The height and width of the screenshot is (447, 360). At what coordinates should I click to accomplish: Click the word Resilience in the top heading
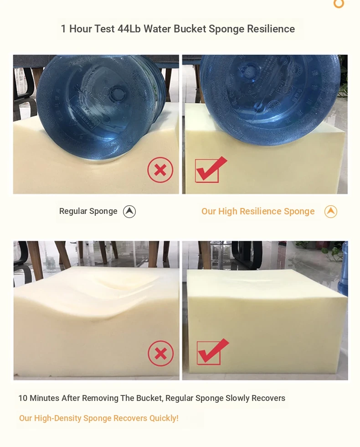coord(271,29)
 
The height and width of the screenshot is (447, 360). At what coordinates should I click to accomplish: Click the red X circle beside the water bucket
coord(160,170)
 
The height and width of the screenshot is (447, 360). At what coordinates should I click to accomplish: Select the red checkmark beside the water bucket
coord(211,169)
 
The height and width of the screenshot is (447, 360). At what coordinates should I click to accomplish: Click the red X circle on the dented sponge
coord(161,353)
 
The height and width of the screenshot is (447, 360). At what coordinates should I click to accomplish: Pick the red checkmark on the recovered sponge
coord(212,352)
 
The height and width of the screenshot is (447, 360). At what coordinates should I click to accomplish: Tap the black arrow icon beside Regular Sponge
coord(129,212)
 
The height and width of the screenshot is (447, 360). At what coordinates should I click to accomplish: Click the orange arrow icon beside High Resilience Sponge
coord(331,212)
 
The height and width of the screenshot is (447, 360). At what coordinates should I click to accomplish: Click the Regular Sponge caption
coord(88,211)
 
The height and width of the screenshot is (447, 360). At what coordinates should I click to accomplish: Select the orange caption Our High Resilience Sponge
coord(258,211)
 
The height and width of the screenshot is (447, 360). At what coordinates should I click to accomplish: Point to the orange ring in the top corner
coord(339,4)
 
